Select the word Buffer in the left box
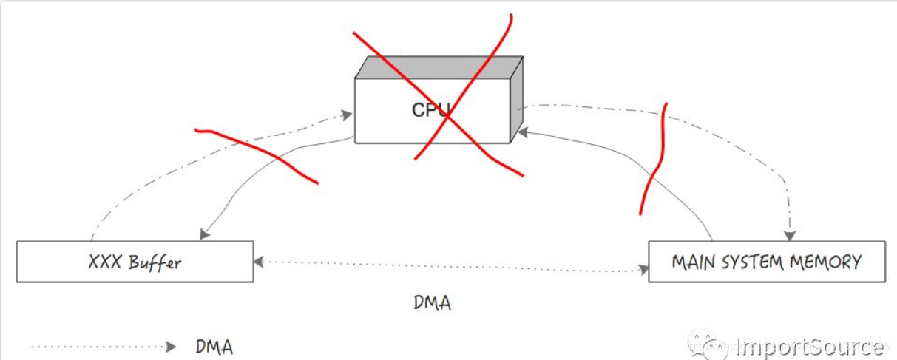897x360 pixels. [x=156, y=262]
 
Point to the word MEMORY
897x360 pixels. [x=831, y=262]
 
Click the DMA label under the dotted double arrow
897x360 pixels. [x=432, y=302]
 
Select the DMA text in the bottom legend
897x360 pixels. [x=215, y=346]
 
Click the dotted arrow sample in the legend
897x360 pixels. [x=104, y=346]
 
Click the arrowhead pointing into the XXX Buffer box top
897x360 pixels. [x=204, y=234]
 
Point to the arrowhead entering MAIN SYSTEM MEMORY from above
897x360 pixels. [x=789, y=235]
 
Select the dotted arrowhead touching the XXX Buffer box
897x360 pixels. [x=259, y=262]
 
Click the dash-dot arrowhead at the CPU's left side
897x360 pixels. [x=346, y=115]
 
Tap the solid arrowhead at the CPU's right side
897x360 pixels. [x=521, y=132]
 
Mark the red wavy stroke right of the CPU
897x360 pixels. [x=654, y=159]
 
